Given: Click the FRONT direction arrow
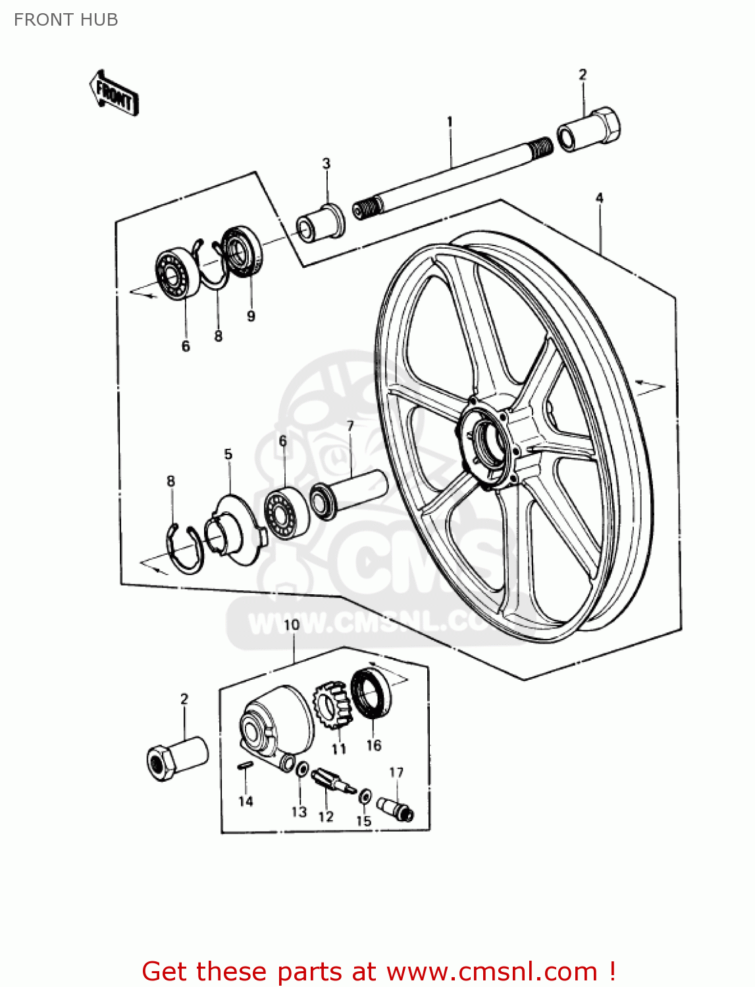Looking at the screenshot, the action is [x=114, y=93].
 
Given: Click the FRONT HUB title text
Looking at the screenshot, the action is [x=66, y=20].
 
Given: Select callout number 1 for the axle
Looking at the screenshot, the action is [x=450, y=122].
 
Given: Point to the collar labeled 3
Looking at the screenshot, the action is [x=321, y=223].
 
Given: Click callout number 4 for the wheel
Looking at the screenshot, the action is [x=599, y=197].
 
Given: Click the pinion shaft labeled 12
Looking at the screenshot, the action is [x=332, y=782].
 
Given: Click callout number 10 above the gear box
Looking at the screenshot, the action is [x=292, y=624].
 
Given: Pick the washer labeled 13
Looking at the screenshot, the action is [x=302, y=769].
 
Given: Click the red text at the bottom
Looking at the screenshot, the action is [x=378, y=971].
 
